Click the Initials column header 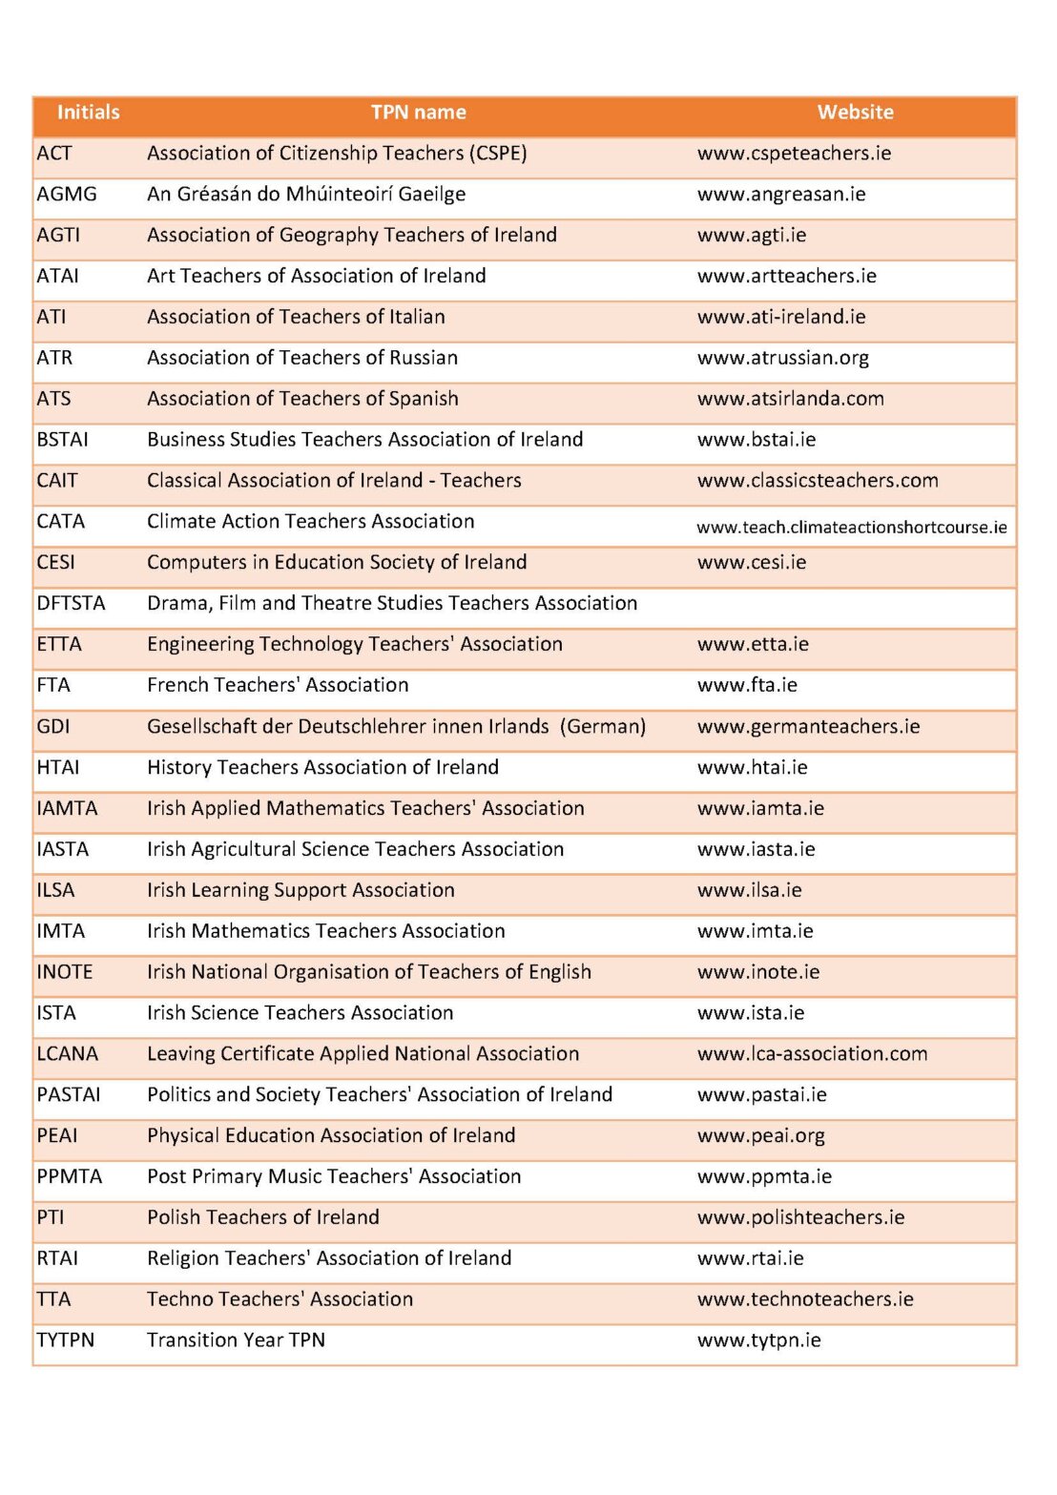(x=88, y=113)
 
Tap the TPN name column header (x=418, y=113)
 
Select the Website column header (x=855, y=113)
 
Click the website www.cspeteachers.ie (x=794, y=154)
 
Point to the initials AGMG (x=67, y=195)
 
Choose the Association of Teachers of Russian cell (x=302, y=358)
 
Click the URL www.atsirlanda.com (x=790, y=399)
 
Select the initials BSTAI (x=62, y=440)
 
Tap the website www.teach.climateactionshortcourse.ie (x=851, y=527)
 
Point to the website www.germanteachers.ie (x=808, y=727)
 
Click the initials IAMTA (x=67, y=809)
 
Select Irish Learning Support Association (x=301, y=890)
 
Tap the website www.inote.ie (x=758, y=972)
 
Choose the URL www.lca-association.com (x=812, y=1054)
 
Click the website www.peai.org (x=760, y=1136)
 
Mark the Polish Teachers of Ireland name (x=263, y=1217)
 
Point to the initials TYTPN (x=65, y=1340)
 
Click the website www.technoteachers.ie (x=805, y=1299)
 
